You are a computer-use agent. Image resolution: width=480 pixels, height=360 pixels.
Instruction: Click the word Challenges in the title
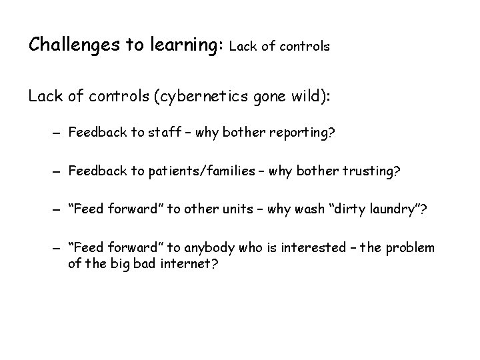[71, 45]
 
